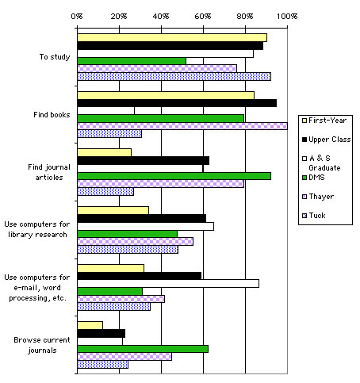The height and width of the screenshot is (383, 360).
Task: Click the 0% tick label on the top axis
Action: tap(77, 14)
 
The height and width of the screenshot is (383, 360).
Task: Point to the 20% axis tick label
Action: tap(119, 14)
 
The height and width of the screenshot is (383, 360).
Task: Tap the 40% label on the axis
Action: tap(161, 14)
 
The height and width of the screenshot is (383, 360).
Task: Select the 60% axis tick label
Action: tap(203, 14)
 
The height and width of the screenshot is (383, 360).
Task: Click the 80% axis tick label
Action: tap(245, 14)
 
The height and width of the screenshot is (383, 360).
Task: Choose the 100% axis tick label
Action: tap(287, 14)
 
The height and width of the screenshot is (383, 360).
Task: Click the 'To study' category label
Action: tap(55, 57)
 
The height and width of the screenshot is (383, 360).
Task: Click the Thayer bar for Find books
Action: tap(182, 125)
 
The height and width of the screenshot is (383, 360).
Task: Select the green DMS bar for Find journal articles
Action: tap(174, 175)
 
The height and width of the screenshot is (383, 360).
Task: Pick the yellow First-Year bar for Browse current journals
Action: tap(90, 325)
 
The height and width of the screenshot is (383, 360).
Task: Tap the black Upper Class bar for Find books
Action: tap(176, 103)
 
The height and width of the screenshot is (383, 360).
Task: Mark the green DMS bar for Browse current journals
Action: tap(142, 348)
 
